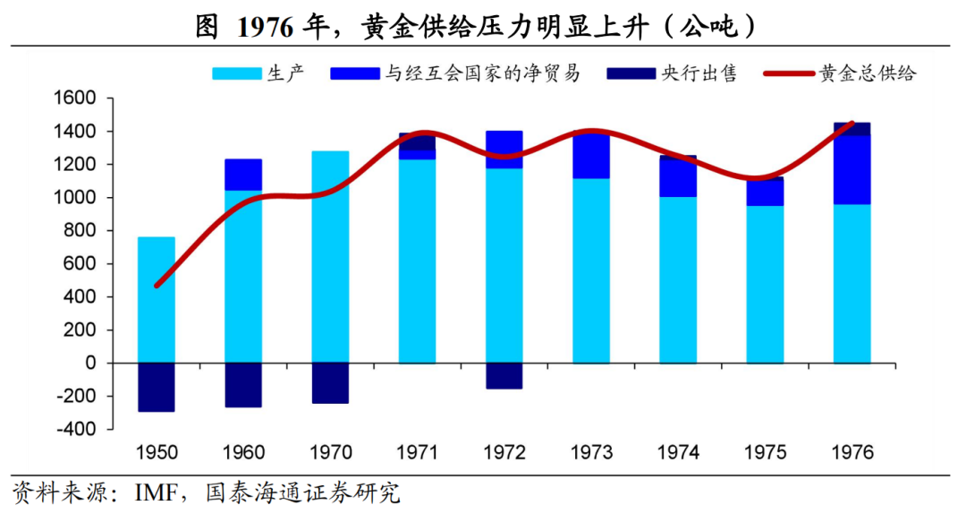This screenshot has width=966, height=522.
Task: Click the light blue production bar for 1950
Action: pos(157,300)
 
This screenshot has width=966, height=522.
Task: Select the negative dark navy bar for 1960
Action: pos(243,385)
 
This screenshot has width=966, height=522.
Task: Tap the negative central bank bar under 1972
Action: pos(504,376)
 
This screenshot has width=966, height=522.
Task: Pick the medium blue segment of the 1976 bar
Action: pos(852,170)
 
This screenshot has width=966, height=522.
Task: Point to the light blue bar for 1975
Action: pos(765,284)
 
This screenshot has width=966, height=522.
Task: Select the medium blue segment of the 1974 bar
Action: pos(678,177)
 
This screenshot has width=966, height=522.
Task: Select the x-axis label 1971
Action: pos(418,451)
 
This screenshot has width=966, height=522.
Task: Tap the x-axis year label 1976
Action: pos(852,451)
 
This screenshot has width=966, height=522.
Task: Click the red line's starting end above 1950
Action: pos(157,286)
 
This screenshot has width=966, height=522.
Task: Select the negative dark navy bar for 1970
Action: pos(330,383)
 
